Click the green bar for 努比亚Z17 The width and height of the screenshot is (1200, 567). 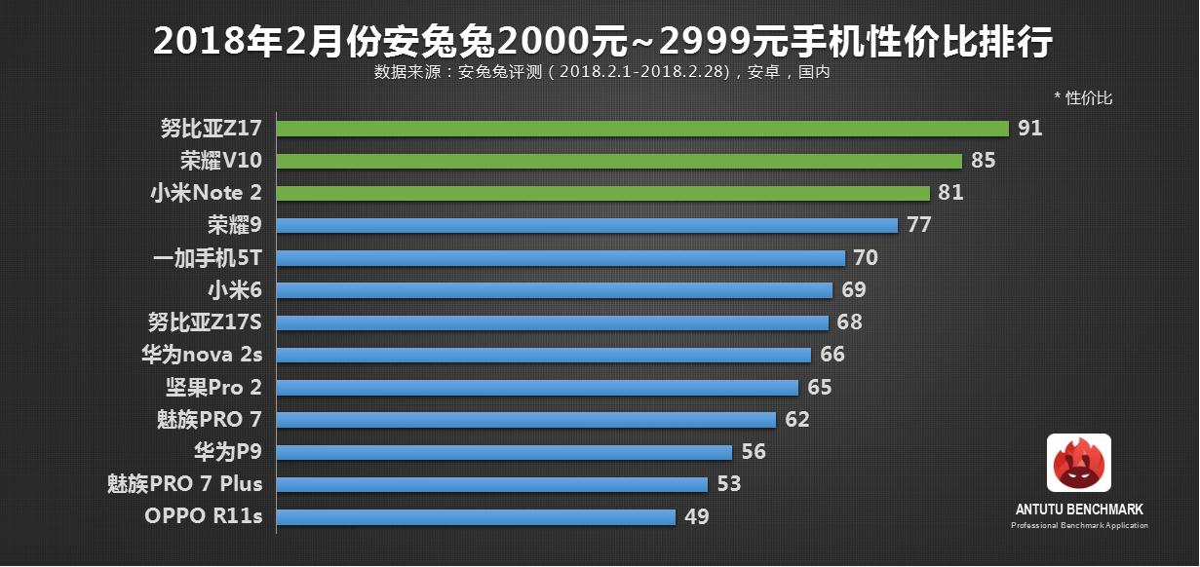(643, 129)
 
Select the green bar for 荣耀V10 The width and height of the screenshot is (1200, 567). (620, 161)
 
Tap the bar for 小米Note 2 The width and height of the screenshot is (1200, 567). (604, 193)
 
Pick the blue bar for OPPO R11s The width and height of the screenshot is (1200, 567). (477, 516)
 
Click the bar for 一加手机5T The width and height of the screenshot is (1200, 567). (561, 258)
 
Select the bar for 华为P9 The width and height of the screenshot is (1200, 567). (505, 452)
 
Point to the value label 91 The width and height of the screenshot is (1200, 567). (1030, 129)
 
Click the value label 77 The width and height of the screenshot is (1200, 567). (919, 225)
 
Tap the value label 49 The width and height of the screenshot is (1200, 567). (696, 516)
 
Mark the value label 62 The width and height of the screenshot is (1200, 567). (797, 420)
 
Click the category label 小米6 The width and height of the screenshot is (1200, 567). (234, 290)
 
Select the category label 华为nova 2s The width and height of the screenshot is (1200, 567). (202, 355)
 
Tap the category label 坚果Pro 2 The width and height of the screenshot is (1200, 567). (213, 387)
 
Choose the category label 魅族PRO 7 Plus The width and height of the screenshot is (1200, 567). (185, 484)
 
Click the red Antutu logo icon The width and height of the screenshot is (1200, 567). (1079, 463)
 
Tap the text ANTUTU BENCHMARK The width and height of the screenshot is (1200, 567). (1079, 510)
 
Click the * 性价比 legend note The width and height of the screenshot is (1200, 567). (1083, 97)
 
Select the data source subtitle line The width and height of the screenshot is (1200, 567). (600, 71)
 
